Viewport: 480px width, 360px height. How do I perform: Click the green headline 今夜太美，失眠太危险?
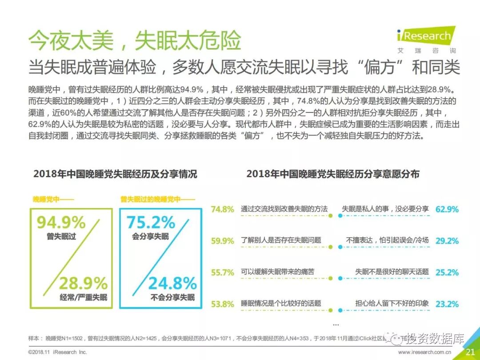134,41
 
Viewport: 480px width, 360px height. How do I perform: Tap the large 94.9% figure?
61,222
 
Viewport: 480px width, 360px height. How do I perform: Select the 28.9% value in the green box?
84,283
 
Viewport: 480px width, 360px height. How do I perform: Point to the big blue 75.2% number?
151,222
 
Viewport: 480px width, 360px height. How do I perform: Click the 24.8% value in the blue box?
172,283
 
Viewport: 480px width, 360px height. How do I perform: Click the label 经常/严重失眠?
84,297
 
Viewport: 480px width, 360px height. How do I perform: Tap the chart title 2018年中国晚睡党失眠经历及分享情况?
115,174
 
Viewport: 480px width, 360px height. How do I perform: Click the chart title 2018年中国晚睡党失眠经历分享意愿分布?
333,174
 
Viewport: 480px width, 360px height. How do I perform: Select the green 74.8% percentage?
222,209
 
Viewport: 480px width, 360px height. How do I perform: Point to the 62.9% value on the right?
447,209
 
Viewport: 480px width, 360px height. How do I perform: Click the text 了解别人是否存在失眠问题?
281,240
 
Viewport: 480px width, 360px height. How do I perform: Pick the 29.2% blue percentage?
447,240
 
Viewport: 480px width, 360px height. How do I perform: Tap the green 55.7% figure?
222,272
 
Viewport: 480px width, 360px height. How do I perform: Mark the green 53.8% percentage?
222,304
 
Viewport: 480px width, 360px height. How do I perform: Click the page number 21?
470,352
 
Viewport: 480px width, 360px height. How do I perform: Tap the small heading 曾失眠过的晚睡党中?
150,200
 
